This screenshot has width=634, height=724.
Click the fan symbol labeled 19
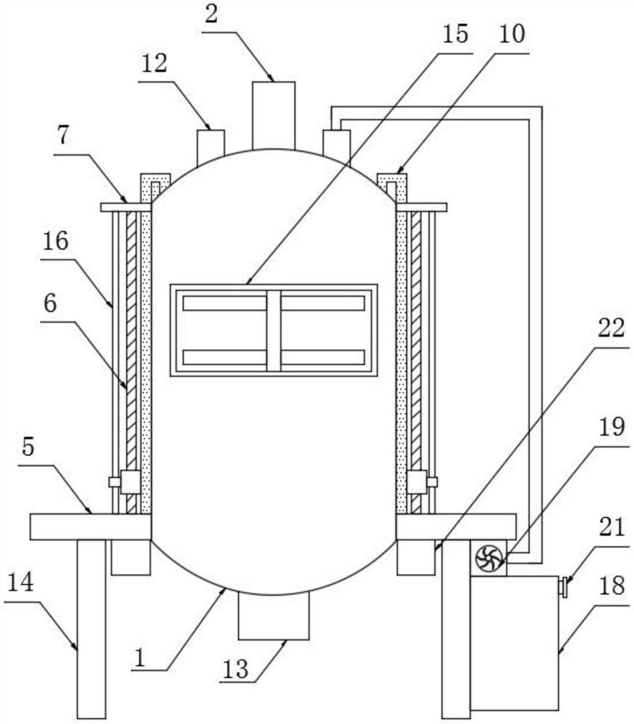point(489,558)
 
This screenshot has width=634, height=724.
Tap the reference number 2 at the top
point(211,15)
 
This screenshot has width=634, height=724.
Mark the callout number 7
point(64,135)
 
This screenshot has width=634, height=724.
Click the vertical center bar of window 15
point(273,330)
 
